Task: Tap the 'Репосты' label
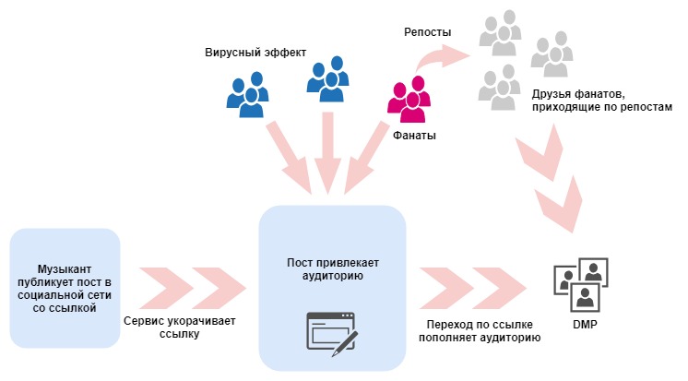click(x=427, y=32)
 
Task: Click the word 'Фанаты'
click(x=415, y=136)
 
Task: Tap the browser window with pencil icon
click(x=331, y=334)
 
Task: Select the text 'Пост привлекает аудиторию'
click(x=332, y=268)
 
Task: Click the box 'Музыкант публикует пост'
click(x=65, y=288)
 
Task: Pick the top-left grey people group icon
click(x=499, y=34)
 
